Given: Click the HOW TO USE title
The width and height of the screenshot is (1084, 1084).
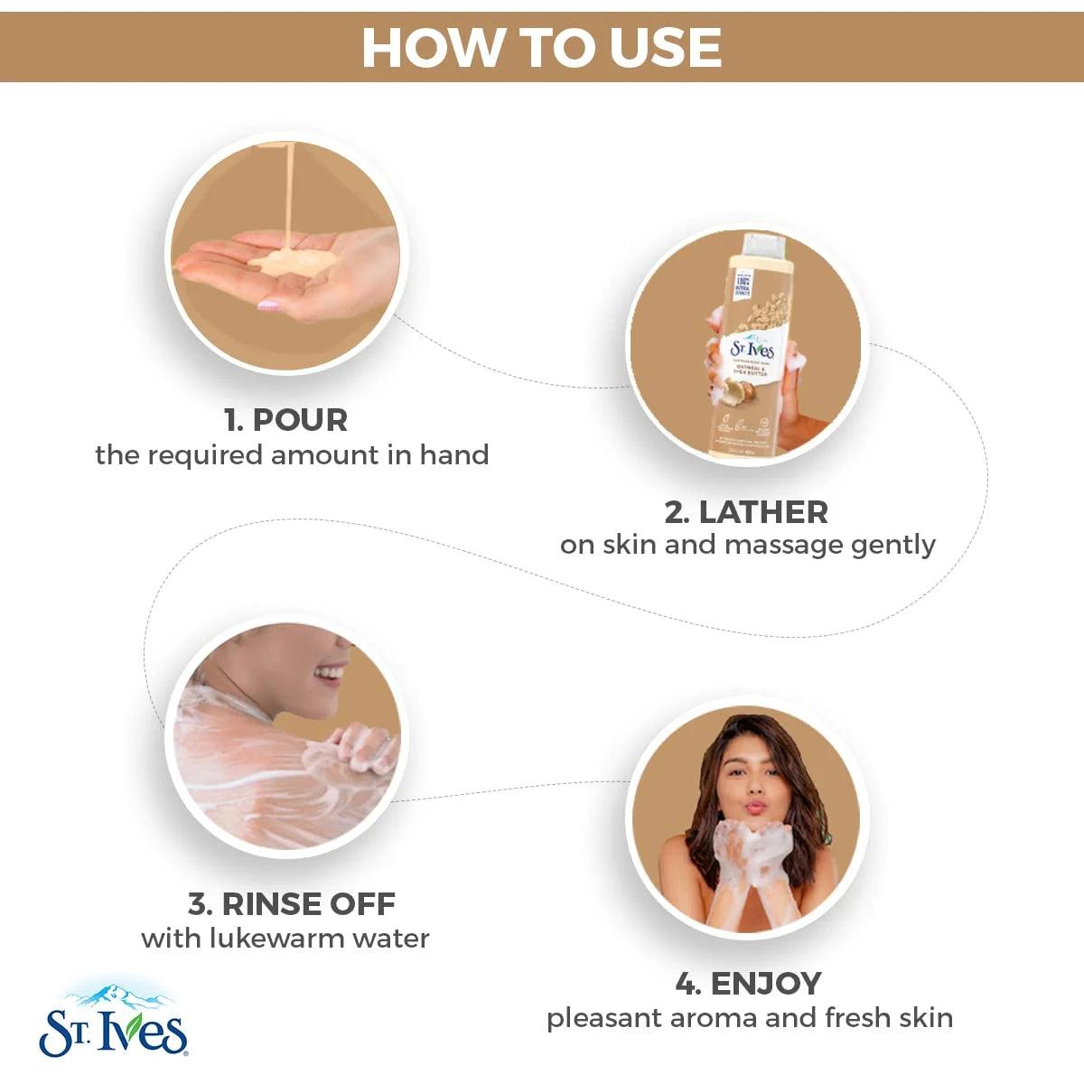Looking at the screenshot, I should tap(542, 47).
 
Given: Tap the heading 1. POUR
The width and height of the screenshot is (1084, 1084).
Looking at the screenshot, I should tap(285, 420).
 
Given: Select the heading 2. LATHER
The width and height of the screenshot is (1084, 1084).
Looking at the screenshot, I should tap(746, 512).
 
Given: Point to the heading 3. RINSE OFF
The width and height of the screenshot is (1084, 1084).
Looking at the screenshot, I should tap(291, 903).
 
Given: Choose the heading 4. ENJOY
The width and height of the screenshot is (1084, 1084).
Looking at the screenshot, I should tap(748, 983).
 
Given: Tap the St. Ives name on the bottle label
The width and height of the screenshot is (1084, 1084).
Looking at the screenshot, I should tap(752, 349).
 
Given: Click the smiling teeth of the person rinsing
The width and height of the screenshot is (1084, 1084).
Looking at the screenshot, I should tap(332, 673).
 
